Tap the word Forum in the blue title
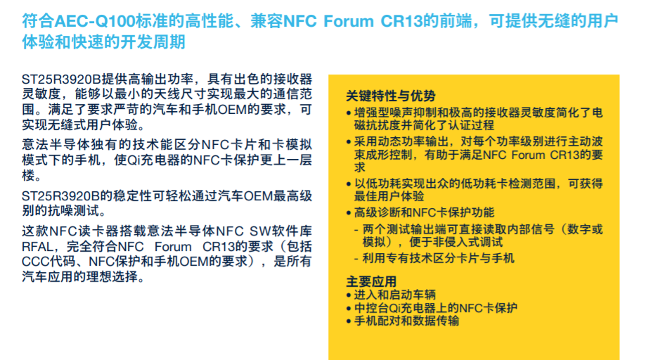348,21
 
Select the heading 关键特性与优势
391,96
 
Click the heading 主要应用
371,281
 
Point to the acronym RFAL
37,246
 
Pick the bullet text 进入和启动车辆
395,295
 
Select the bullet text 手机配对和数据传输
406,321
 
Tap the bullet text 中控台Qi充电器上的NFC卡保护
436,308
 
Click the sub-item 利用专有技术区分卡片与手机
438,258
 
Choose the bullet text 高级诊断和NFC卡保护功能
425,212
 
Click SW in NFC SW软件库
259,231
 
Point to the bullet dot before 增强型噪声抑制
349,113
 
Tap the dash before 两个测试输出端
356,229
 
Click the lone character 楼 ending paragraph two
29,175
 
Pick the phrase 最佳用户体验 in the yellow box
389,196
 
